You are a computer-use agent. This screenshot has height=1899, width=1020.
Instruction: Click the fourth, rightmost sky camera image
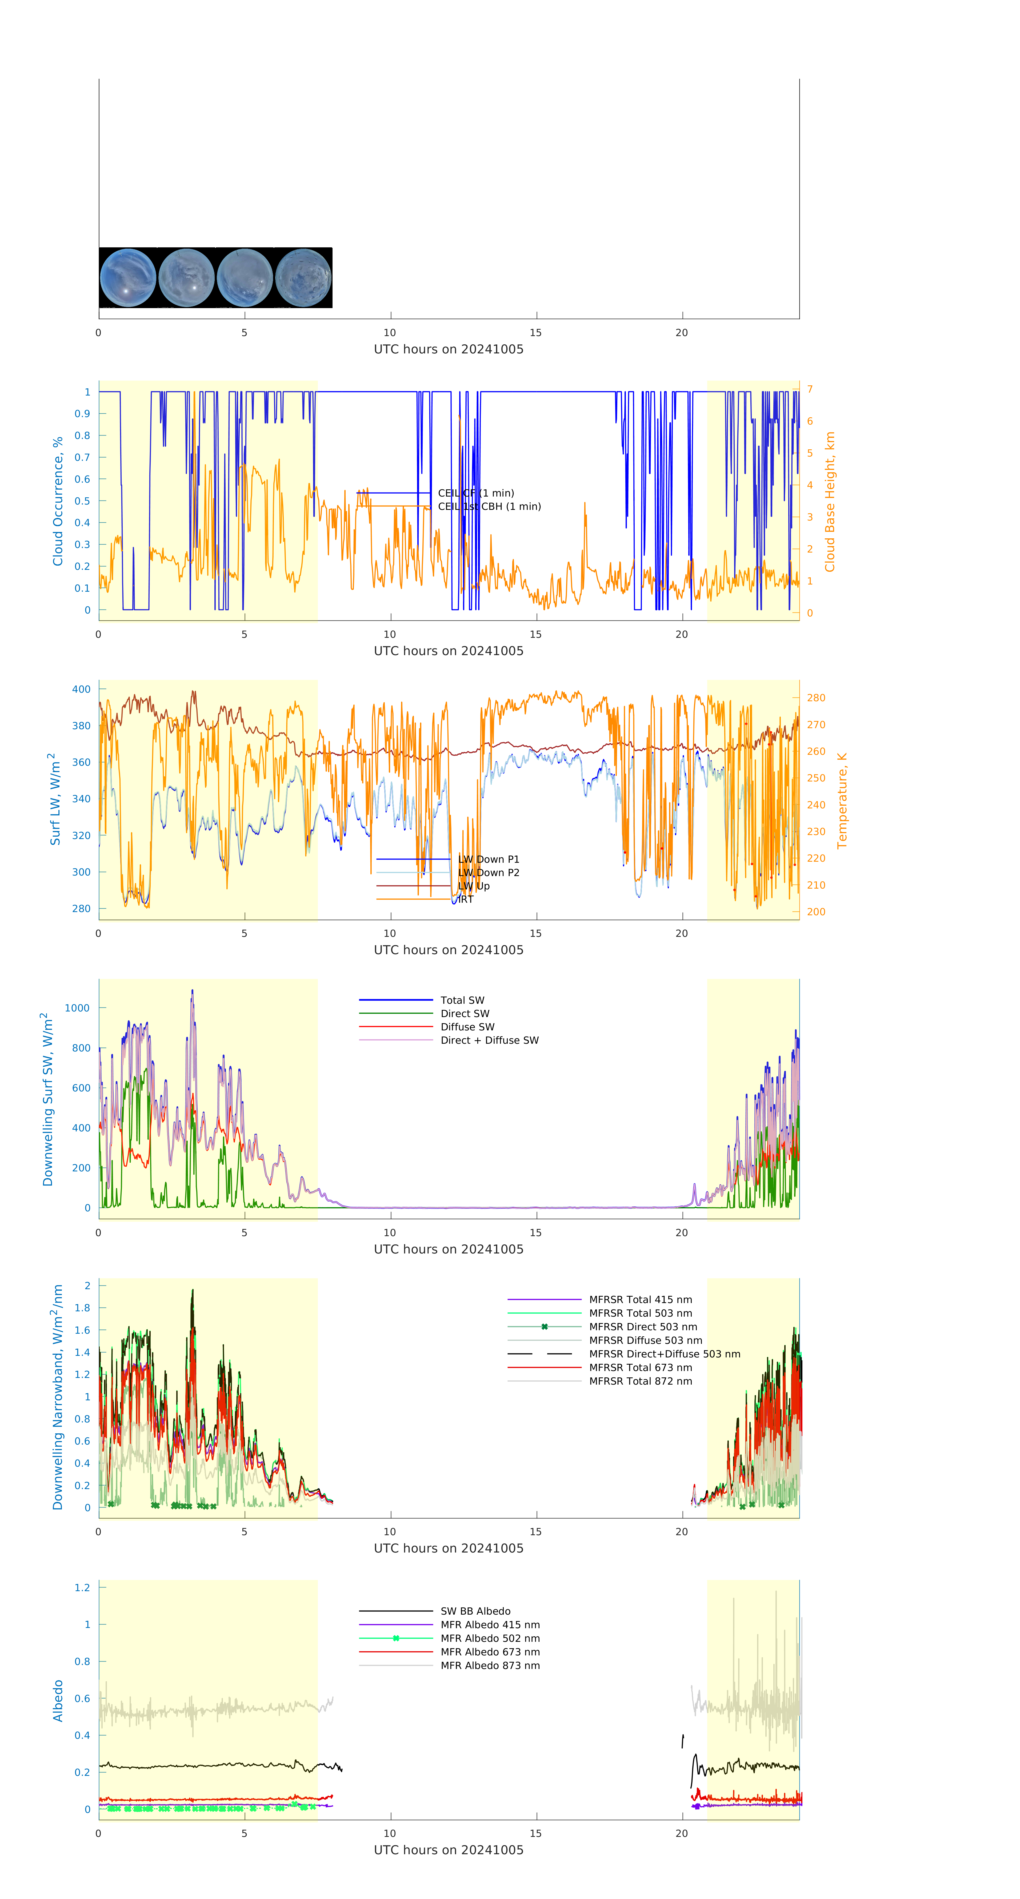(303, 278)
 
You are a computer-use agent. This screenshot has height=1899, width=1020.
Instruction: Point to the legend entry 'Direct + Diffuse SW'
(489, 1040)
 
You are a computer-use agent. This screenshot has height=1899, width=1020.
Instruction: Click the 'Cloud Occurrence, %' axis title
(58, 501)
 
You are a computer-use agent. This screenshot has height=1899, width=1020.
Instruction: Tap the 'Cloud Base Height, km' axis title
(830, 501)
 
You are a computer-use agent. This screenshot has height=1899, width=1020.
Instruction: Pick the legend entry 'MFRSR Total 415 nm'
(640, 1300)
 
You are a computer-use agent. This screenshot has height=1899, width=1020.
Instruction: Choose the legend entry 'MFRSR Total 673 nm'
(640, 1368)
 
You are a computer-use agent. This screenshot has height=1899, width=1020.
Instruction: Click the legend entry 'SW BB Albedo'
(475, 1611)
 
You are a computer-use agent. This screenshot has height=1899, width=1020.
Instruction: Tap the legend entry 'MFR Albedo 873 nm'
(490, 1665)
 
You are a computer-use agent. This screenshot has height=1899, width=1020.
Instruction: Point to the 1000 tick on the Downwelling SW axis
(77, 1008)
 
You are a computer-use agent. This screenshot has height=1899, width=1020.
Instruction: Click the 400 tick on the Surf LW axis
(81, 689)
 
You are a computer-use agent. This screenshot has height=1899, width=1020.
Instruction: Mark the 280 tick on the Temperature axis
(816, 697)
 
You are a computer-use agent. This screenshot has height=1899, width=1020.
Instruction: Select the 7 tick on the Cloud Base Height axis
(810, 389)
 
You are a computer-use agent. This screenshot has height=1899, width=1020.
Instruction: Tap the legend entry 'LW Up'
(474, 886)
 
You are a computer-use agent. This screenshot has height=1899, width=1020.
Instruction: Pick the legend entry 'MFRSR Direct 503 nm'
(642, 1327)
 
